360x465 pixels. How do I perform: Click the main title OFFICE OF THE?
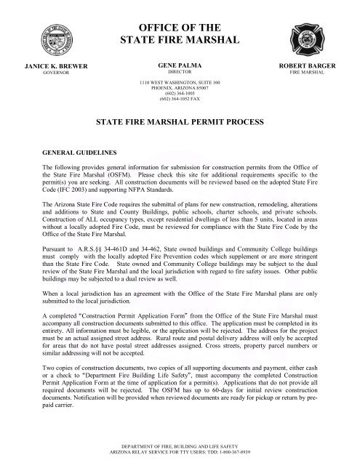click(x=180, y=13)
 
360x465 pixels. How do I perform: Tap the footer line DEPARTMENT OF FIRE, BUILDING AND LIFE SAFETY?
click(x=180, y=444)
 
